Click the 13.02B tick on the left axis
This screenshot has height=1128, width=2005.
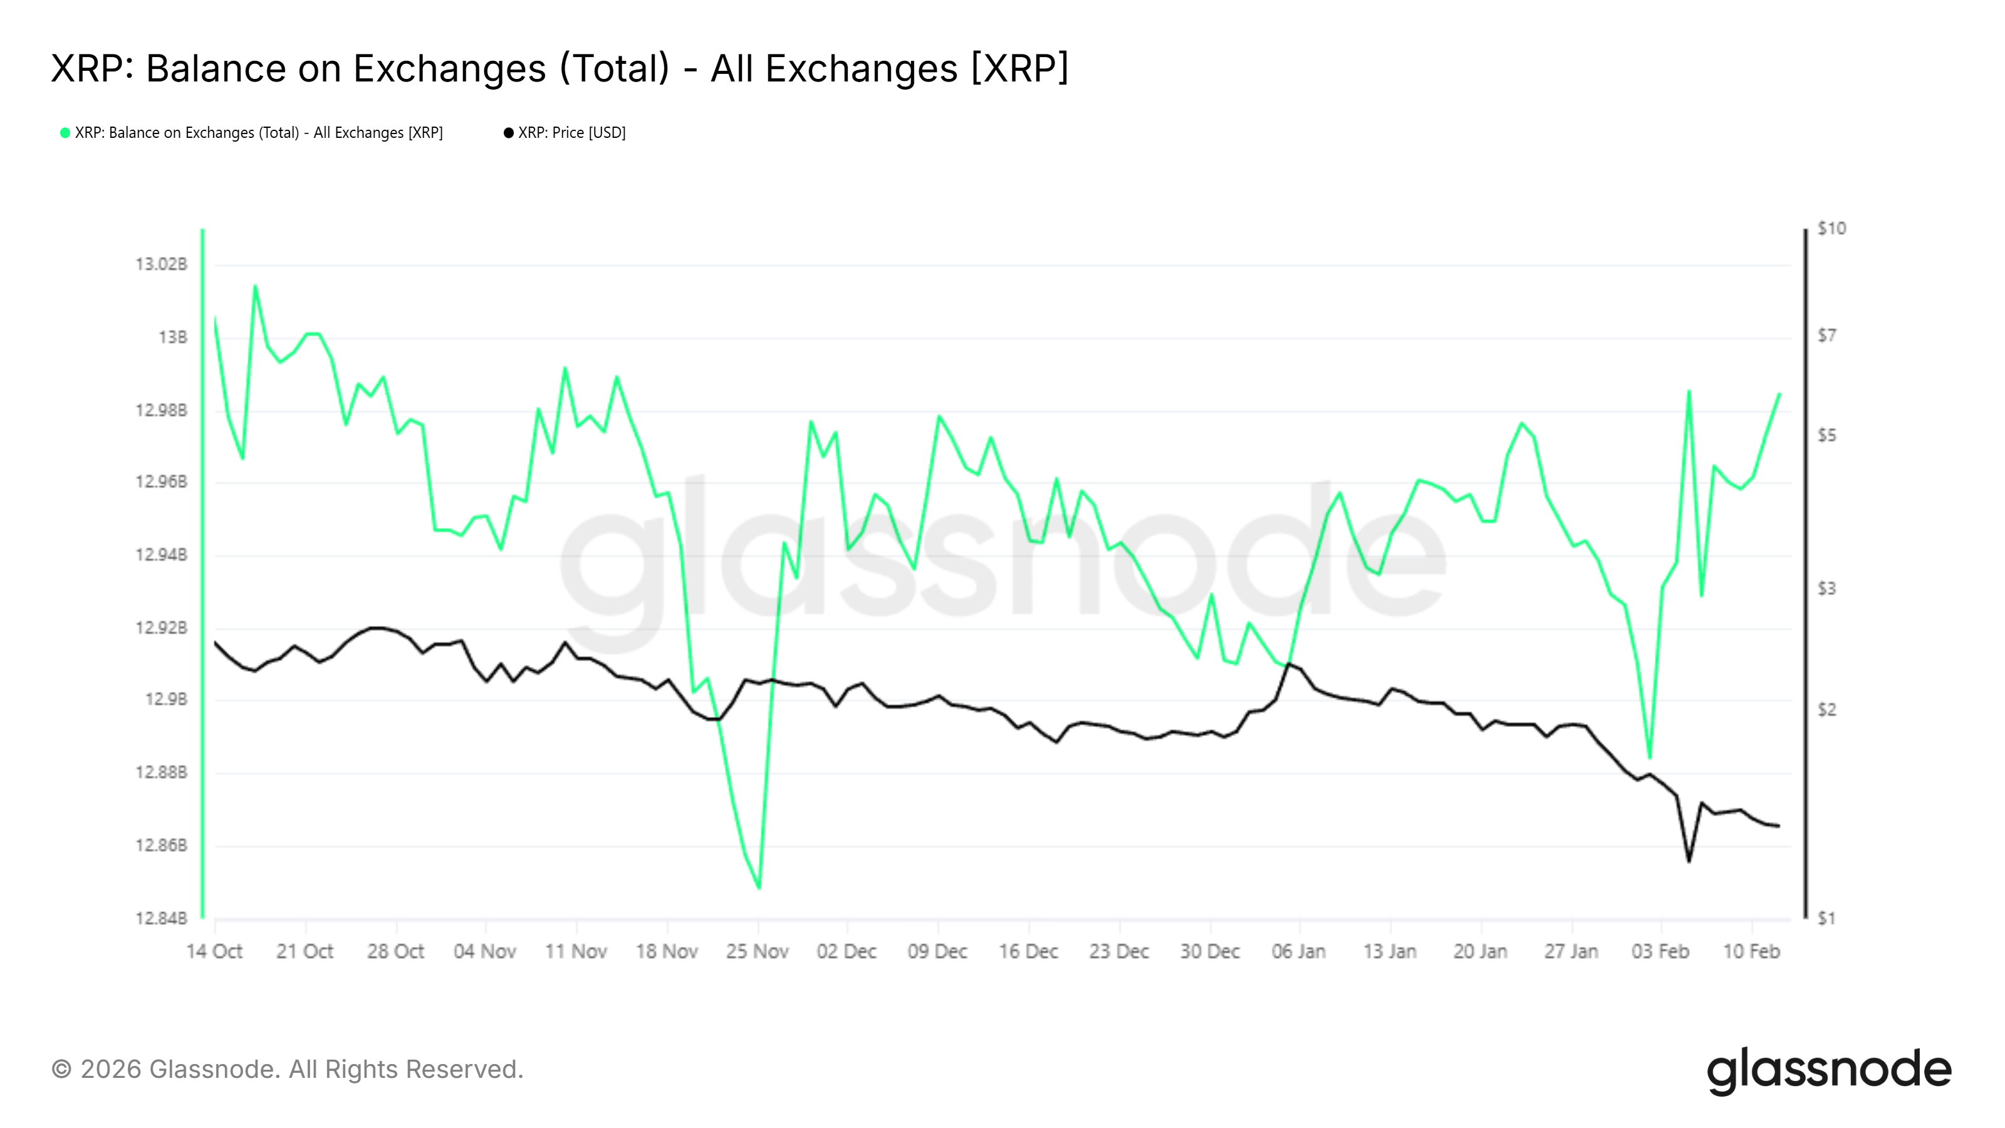click(x=162, y=264)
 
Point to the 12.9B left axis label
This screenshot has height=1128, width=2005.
click(x=167, y=700)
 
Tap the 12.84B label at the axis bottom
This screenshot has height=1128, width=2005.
click(x=162, y=919)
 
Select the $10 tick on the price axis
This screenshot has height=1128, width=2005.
click(x=1831, y=229)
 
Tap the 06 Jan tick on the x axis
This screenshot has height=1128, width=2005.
click(x=1299, y=951)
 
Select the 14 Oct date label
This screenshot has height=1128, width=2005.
click(x=214, y=951)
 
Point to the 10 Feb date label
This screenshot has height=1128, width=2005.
click(x=1751, y=951)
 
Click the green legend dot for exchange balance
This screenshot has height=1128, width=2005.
click(x=65, y=133)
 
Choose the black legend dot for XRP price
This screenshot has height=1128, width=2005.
click(x=509, y=133)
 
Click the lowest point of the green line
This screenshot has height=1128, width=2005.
click(x=759, y=887)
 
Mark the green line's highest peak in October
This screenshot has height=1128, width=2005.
click(x=254, y=286)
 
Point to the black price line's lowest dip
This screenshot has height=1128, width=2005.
click(x=1688, y=861)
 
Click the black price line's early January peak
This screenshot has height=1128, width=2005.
click(x=1288, y=663)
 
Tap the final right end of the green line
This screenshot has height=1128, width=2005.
click(x=1779, y=394)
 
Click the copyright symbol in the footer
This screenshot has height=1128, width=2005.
click(x=61, y=1070)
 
